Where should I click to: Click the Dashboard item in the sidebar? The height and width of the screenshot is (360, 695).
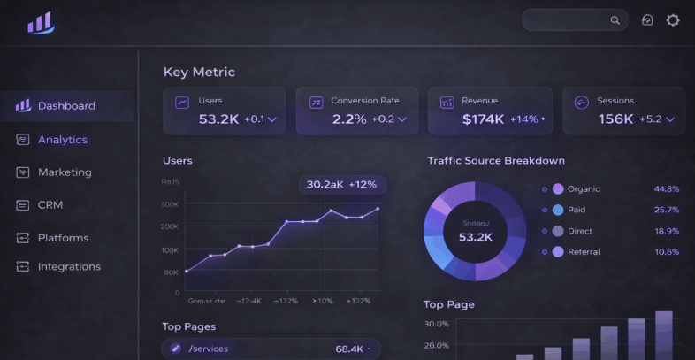tap(66, 106)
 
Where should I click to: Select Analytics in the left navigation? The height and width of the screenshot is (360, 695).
tap(62, 140)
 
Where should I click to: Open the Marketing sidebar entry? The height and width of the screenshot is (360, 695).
tap(65, 172)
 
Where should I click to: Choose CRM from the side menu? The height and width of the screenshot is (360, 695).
tap(50, 205)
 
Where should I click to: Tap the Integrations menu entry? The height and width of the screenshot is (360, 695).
tap(69, 267)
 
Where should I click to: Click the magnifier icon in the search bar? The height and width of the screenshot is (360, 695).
tap(615, 20)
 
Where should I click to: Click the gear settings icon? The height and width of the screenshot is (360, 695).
tap(673, 20)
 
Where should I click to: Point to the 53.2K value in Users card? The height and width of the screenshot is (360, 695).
tap(218, 119)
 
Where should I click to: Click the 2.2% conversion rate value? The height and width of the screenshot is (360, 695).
tap(349, 119)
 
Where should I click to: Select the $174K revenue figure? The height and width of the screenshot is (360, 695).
tap(483, 119)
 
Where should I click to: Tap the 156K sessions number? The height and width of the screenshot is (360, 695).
tap(616, 119)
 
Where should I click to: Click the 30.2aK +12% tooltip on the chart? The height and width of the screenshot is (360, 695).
tap(341, 185)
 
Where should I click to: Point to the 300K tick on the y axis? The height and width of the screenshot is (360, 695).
tap(170, 204)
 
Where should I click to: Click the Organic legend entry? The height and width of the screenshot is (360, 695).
tap(583, 189)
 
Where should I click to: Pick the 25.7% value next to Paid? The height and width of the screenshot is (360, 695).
tap(666, 211)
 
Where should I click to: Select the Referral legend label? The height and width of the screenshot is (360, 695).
tap(584, 252)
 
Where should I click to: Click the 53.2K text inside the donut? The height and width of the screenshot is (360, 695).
tap(475, 237)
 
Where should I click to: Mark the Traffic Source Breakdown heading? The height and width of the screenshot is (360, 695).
tap(496, 161)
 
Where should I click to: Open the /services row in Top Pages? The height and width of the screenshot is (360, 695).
tap(209, 349)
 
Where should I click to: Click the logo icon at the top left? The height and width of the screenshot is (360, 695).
tap(40, 23)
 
